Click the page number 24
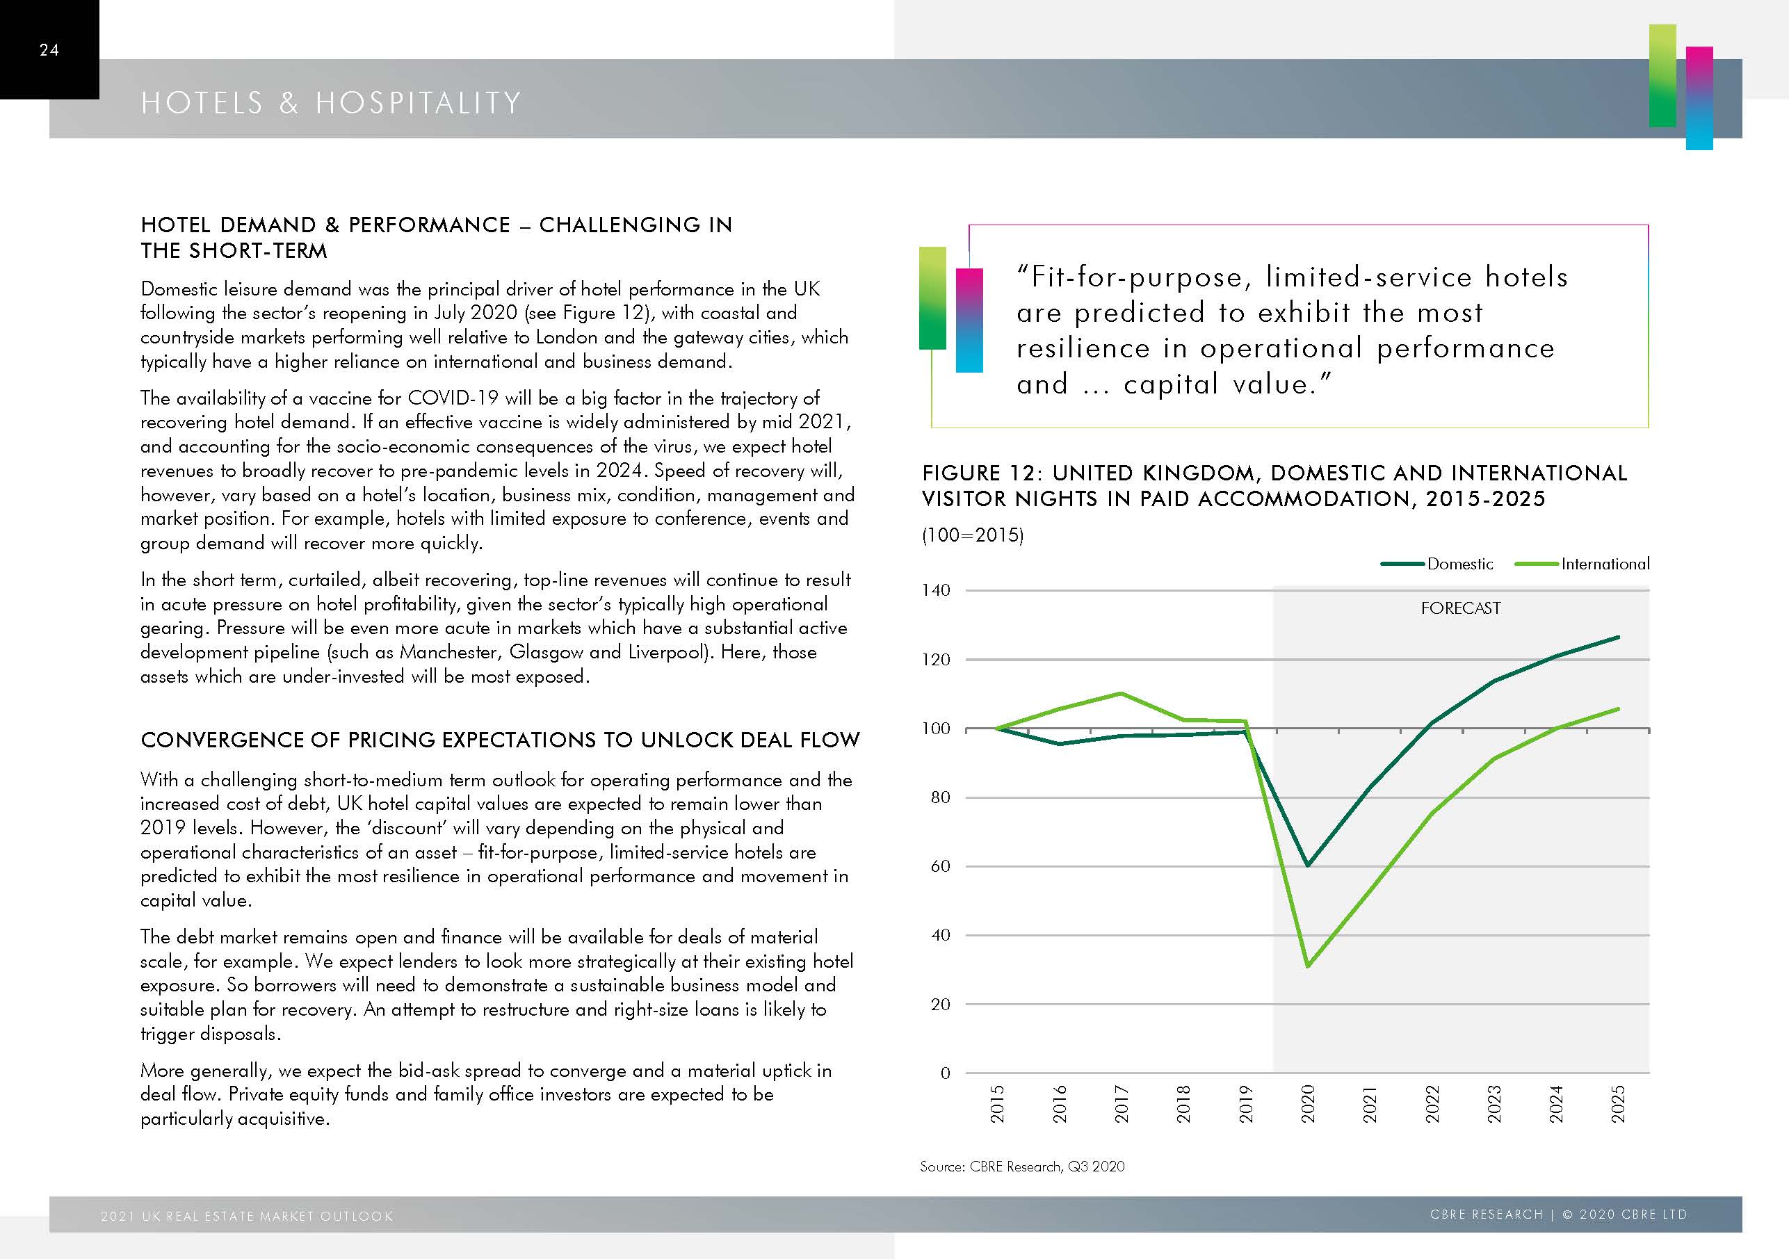[x=49, y=50]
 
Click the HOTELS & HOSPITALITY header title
[x=331, y=103]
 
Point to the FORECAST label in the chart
[x=1460, y=608]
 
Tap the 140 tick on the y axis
[x=936, y=590]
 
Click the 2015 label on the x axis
[x=997, y=1103]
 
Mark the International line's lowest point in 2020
[x=1307, y=966]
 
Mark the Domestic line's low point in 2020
[x=1307, y=865]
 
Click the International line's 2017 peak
[x=1120, y=693]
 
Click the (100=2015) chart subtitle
[x=973, y=535]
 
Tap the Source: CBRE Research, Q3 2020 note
[x=1021, y=1167]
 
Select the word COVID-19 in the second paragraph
[x=453, y=398]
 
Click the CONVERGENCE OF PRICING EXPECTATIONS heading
[x=499, y=740]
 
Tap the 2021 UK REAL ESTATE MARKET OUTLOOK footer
[x=247, y=1216]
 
